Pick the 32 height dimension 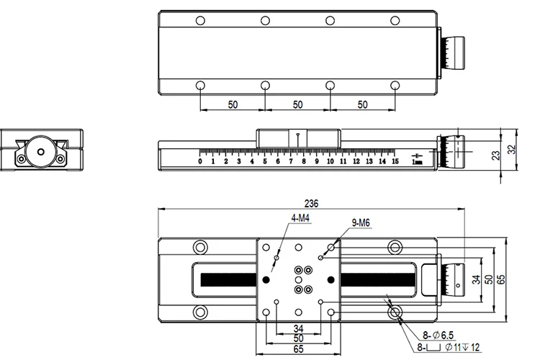tap(511, 150)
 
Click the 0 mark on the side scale tap(200, 161)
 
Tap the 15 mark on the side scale tap(395, 161)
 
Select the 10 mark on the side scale tap(330, 161)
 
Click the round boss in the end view tap(40, 152)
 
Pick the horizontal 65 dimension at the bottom tap(297, 348)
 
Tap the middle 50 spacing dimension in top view tap(297, 104)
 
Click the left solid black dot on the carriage tap(266, 279)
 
